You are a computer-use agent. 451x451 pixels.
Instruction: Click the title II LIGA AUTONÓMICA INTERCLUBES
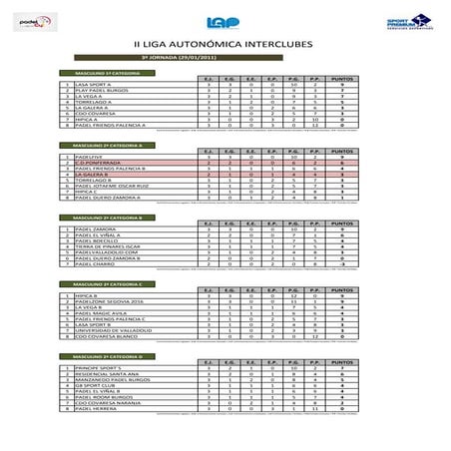pos(225,45)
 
